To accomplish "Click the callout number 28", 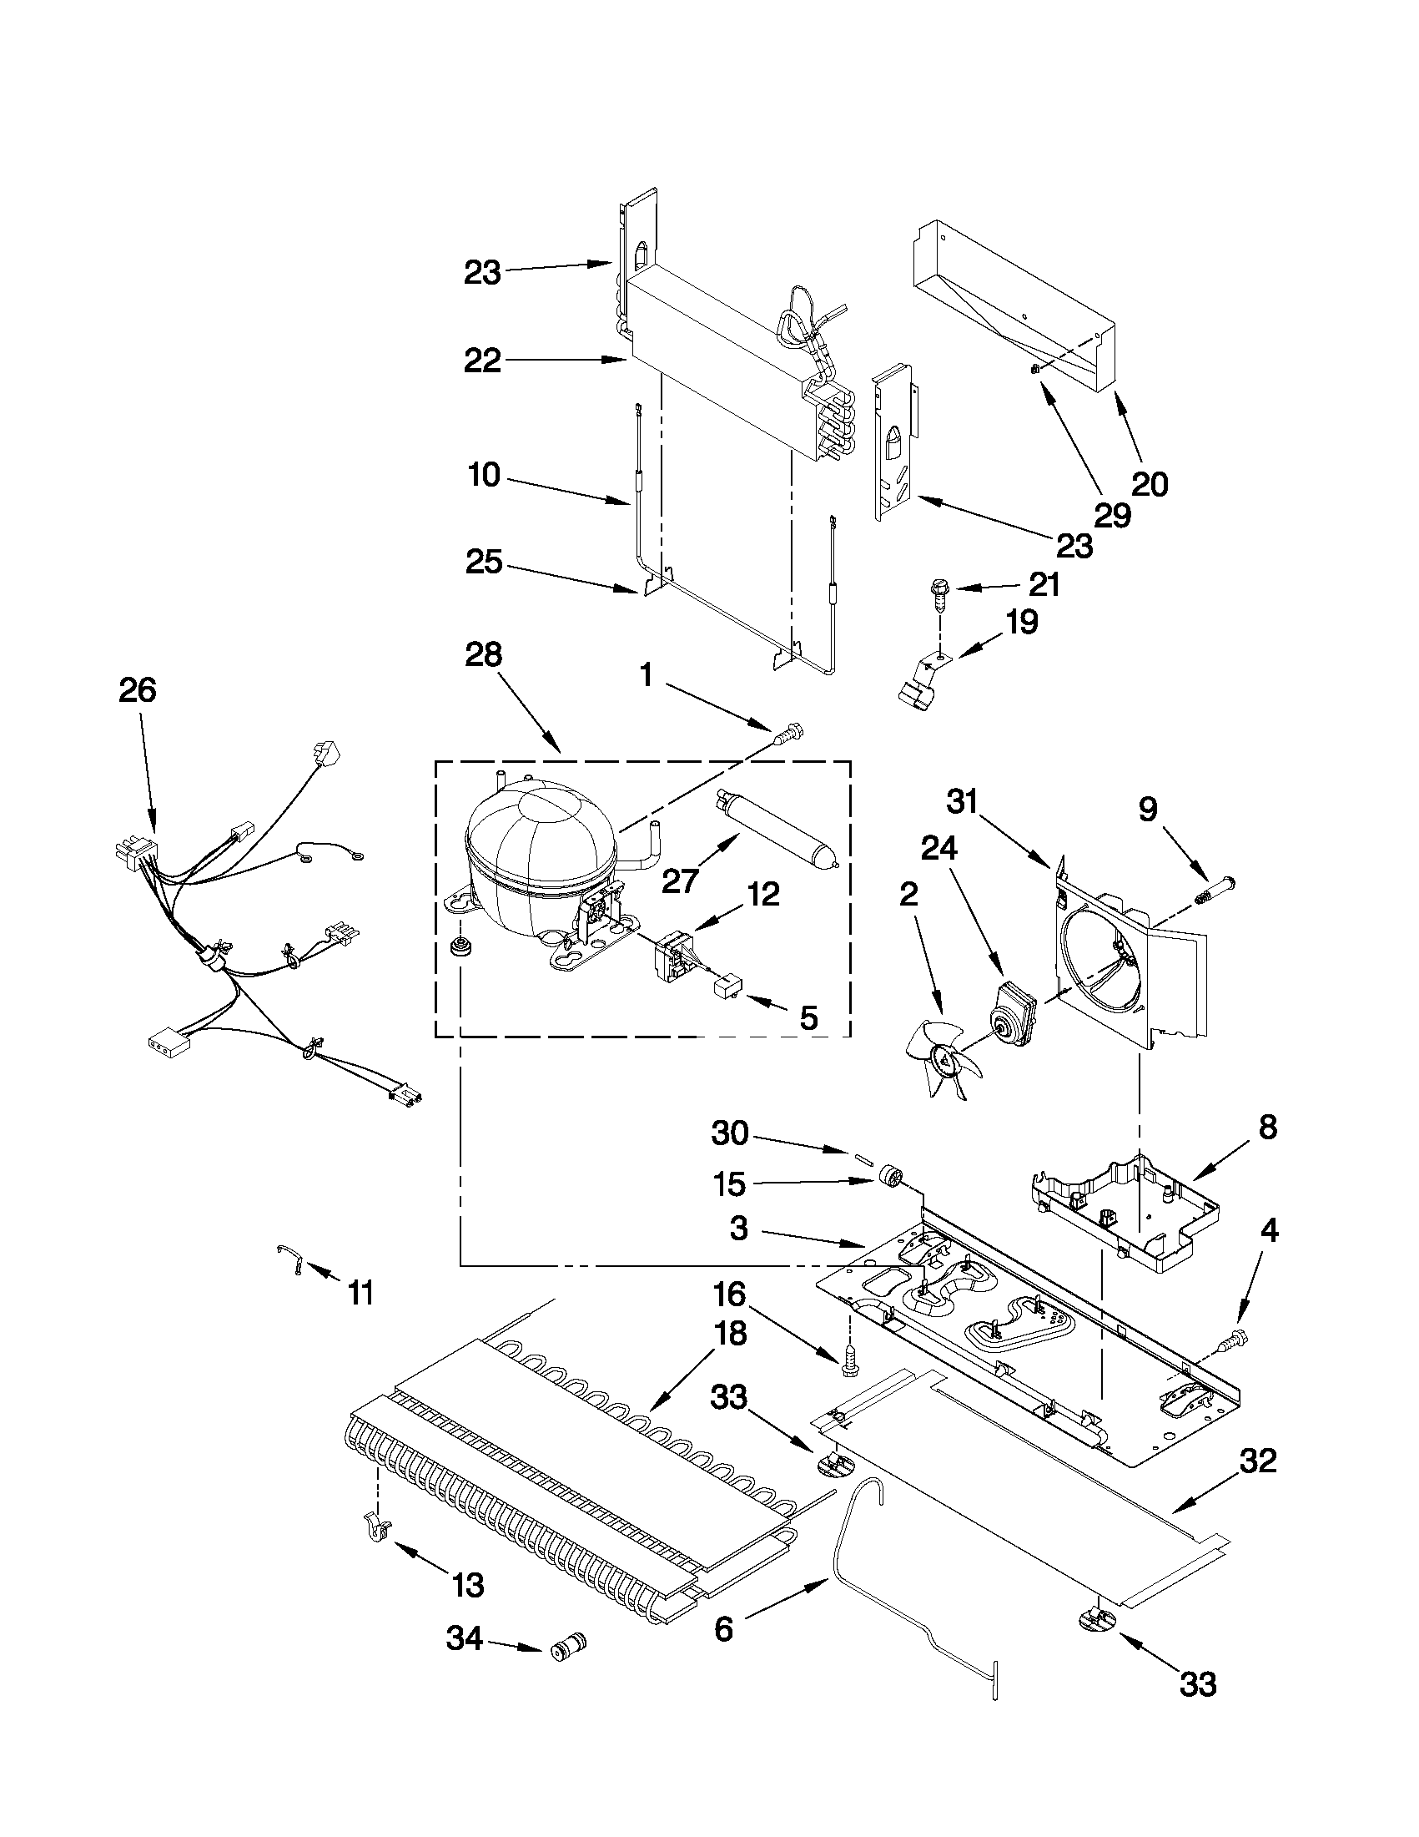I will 483,655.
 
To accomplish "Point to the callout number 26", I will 137,689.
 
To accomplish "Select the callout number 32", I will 1257,1461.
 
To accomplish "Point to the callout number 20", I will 1150,483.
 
